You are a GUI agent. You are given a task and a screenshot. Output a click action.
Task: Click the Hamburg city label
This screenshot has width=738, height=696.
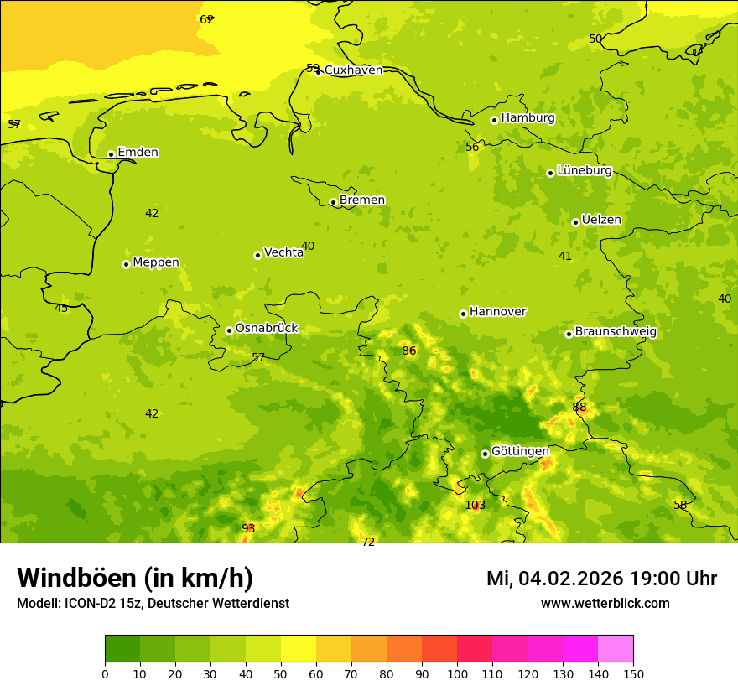528,118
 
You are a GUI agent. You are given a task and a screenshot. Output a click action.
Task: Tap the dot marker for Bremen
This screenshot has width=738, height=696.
333,202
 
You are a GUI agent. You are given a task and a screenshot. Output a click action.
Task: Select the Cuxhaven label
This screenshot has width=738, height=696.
353,70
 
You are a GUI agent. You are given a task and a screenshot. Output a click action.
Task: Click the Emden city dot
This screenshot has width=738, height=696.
111,154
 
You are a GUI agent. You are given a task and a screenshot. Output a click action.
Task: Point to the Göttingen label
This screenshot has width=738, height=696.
520,451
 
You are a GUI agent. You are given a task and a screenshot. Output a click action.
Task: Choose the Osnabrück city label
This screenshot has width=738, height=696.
267,328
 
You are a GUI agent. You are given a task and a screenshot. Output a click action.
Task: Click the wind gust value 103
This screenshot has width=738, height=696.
475,505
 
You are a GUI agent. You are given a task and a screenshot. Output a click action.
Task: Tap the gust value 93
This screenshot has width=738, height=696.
248,528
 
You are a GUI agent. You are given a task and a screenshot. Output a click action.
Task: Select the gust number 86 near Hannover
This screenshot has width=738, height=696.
409,351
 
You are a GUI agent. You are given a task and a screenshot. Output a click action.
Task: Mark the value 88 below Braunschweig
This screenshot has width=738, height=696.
579,408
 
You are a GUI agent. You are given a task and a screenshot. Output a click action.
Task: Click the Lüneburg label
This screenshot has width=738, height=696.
585,170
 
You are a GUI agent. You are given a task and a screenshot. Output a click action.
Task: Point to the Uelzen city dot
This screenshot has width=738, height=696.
575,222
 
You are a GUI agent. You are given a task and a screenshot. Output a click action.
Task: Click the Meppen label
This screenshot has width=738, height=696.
156,262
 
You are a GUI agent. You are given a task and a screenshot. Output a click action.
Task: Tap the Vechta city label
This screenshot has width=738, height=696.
283,252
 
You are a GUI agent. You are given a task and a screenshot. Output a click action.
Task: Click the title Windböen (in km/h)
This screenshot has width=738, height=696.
135,578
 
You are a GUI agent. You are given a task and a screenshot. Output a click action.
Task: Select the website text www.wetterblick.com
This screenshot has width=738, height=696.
605,603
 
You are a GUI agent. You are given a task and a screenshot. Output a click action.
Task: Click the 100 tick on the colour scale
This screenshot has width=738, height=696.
457,673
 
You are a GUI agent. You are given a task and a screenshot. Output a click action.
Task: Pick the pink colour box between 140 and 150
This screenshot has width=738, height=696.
616,649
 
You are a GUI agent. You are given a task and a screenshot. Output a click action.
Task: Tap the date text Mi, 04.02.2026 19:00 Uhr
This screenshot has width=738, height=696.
601,579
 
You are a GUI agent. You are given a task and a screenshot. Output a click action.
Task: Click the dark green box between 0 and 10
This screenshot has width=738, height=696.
122,649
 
